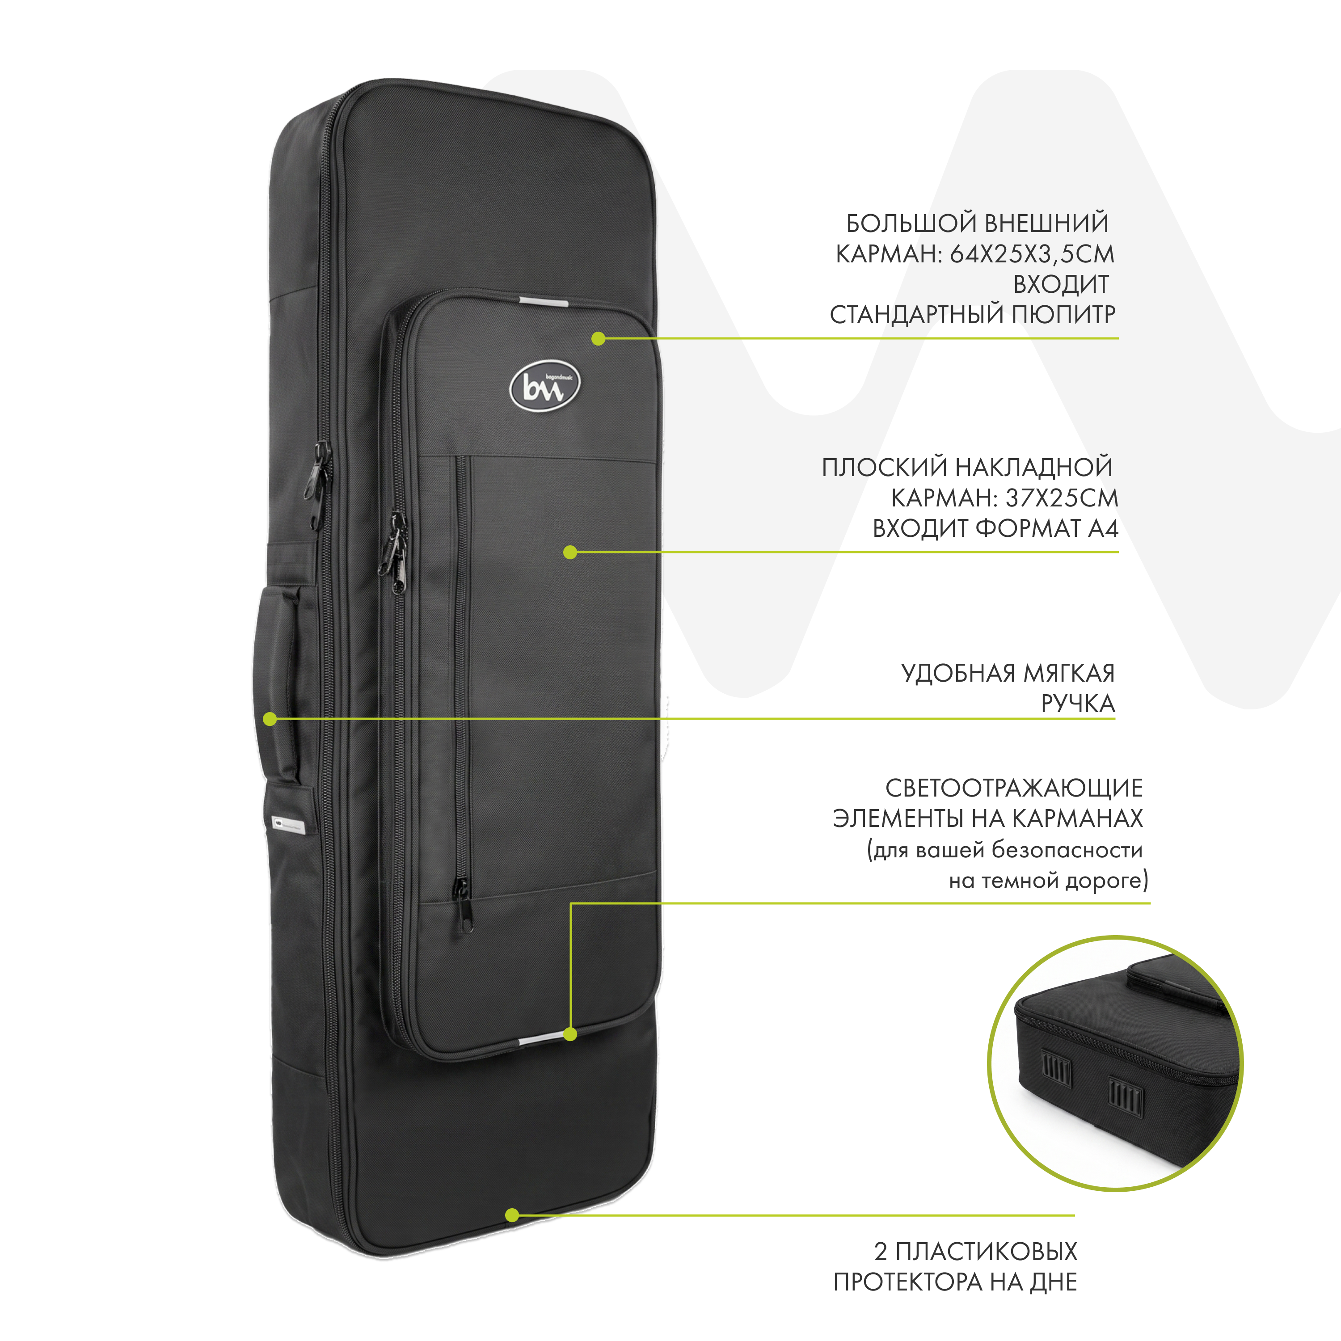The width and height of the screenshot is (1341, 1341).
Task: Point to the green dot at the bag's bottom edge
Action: (511, 1235)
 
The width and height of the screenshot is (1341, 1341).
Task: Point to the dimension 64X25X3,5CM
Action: (1032, 254)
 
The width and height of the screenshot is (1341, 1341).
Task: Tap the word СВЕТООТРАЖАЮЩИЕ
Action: (1014, 788)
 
